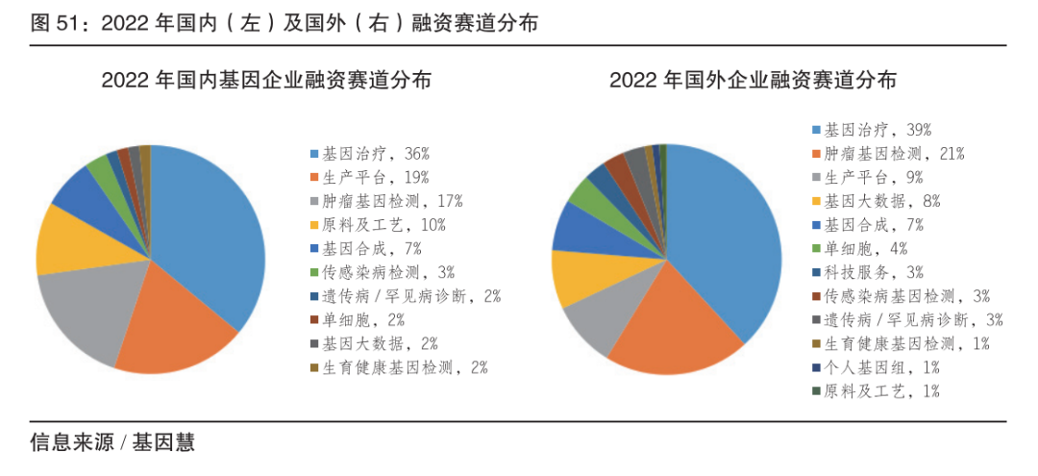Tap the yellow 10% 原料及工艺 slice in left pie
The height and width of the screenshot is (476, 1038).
click(67, 240)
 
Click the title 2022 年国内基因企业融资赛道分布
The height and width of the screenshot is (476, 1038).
click(267, 81)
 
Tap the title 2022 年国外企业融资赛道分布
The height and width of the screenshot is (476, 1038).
click(754, 81)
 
